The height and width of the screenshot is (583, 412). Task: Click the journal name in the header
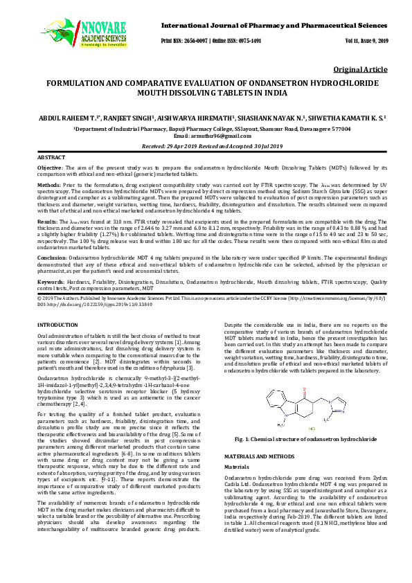pos(275,26)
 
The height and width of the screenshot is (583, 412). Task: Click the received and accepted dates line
pos(206,147)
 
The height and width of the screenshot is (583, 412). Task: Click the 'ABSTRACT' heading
pos(51,159)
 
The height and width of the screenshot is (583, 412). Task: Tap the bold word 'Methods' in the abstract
pos(48,186)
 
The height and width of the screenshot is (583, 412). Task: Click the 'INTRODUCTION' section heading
pos(57,324)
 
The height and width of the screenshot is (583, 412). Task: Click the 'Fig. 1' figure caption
pos(305,439)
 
